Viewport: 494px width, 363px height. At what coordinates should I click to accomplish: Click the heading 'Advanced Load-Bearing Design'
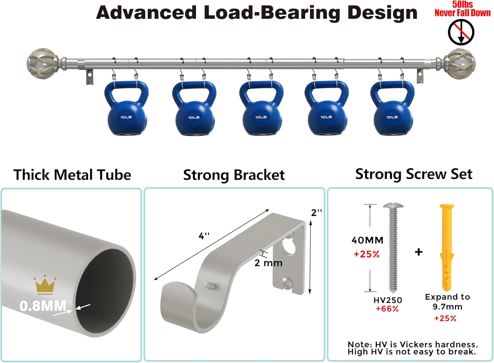click(257, 13)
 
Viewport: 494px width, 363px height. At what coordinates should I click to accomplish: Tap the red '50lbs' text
click(462, 4)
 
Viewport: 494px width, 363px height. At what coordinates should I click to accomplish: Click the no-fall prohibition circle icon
click(461, 32)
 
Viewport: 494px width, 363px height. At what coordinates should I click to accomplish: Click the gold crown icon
click(44, 285)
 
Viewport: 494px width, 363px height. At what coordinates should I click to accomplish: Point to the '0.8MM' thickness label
click(43, 306)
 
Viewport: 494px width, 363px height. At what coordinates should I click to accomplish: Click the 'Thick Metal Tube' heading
click(72, 175)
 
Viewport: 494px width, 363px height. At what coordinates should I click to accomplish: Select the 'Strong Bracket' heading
click(234, 175)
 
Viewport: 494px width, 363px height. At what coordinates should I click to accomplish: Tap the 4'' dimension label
click(204, 236)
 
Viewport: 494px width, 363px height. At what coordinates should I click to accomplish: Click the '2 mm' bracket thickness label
click(268, 263)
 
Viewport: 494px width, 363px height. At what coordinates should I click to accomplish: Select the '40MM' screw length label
click(368, 240)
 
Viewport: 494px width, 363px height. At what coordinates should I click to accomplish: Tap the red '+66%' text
click(387, 309)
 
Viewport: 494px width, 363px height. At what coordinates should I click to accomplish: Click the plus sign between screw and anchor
click(419, 252)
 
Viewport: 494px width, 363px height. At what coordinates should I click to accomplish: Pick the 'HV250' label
click(388, 300)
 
